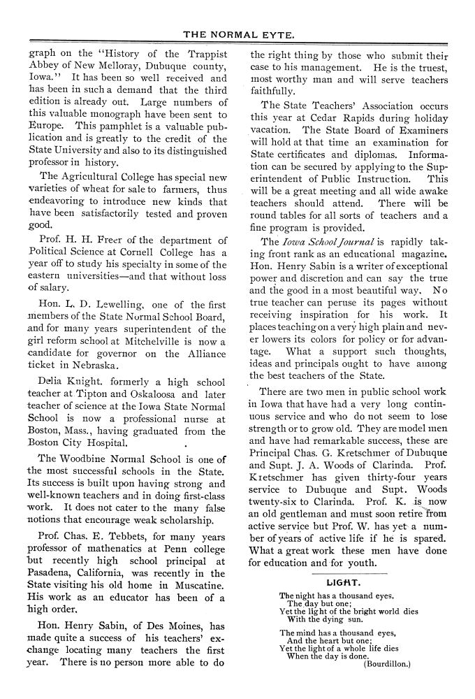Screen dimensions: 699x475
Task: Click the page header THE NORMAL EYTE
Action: click(237, 34)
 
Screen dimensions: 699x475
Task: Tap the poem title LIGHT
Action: click(343, 582)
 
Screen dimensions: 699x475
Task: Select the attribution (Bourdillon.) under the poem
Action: click(387, 665)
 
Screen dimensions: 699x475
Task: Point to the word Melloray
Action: click(101, 67)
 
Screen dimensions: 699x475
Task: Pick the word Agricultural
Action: click(97, 177)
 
